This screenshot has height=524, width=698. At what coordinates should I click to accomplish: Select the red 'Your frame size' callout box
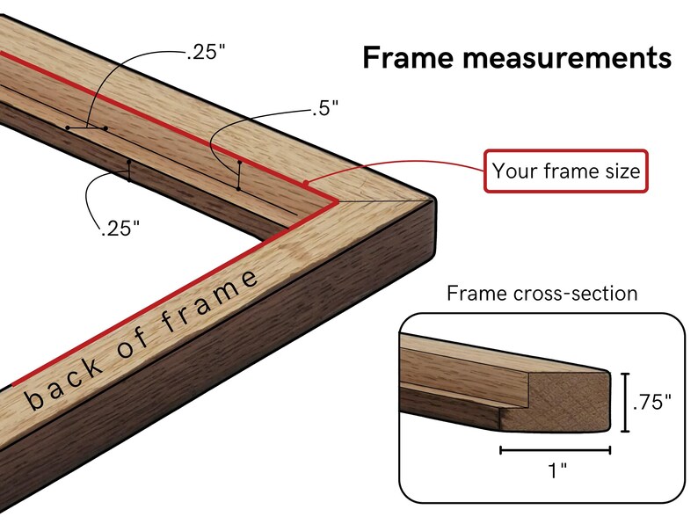coord(566,171)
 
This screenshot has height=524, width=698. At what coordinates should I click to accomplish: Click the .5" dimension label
coord(325,108)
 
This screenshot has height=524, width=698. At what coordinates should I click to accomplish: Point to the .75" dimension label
coord(651,402)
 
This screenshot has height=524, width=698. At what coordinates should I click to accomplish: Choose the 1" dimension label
coord(557,470)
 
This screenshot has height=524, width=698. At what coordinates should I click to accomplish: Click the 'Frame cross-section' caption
coord(542,294)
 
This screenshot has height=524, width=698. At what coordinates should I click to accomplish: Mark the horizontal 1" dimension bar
coord(555,450)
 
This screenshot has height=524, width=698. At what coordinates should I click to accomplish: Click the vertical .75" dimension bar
coord(626,403)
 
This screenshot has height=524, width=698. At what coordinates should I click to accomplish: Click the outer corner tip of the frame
coord(433,200)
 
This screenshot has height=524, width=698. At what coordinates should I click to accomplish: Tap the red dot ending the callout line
coord(305,183)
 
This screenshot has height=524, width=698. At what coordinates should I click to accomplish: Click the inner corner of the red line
coord(337,201)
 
